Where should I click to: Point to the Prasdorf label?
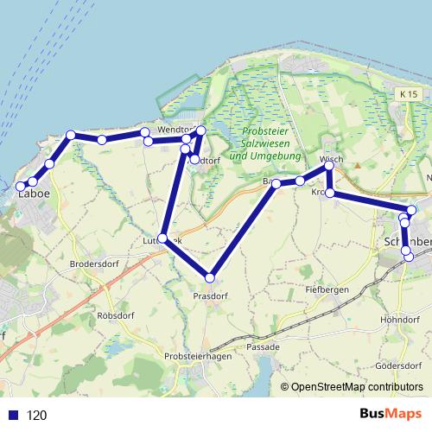[209, 295]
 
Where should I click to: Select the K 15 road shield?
[408, 92]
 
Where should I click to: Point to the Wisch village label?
[331, 159]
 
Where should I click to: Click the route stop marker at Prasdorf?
[209, 277]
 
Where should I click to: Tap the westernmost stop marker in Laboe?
[21, 187]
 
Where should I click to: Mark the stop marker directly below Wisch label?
[328, 166]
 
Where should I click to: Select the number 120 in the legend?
[36, 415]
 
